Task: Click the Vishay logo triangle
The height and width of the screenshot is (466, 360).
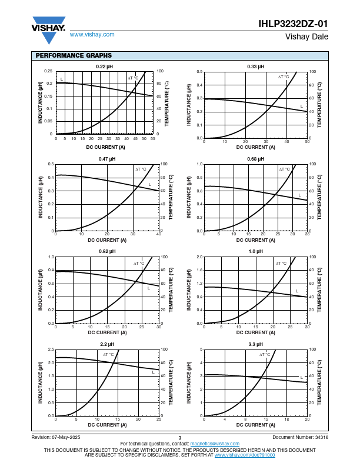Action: [x=49, y=31]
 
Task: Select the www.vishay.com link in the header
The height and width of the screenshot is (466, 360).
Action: [x=92, y=35]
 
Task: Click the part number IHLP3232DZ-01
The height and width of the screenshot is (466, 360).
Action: [x=293, y=24]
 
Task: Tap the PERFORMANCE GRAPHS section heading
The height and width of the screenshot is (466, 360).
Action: [x=74, y=55]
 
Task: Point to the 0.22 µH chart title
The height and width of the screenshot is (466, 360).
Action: [x=104, y=66]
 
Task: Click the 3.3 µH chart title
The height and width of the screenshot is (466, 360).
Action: [x=255, y=344]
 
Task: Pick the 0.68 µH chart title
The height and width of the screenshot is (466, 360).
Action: [x=255, y=159]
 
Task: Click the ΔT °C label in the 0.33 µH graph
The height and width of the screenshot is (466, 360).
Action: [x=284, y=77]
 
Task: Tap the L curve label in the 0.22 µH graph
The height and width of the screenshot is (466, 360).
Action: [x=62, y=79]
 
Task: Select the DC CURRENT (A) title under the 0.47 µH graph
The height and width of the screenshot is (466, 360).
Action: [x=107, y=240]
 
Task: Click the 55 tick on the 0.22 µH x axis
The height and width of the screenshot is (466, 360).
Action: [x=153, y=139]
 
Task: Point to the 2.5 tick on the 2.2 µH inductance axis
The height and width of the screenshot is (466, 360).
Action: [x=51, y=349]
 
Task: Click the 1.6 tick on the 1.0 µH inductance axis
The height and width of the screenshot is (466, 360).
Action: [x=199, y=270]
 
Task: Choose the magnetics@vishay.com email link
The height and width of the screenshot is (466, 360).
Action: [x=215, y=444]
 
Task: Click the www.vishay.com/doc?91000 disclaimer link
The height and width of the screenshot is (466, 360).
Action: [x=245, y=455]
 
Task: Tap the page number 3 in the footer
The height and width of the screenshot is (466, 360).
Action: [x=180, y=438]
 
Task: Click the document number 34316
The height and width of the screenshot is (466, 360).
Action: [x=322, y=437]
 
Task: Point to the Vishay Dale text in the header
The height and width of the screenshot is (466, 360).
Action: [x=307, y=36]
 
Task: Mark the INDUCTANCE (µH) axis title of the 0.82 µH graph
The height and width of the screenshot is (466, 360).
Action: [x=40, y=290]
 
